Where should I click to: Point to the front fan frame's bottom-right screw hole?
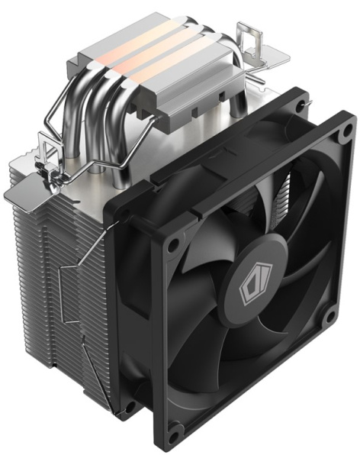327,315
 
